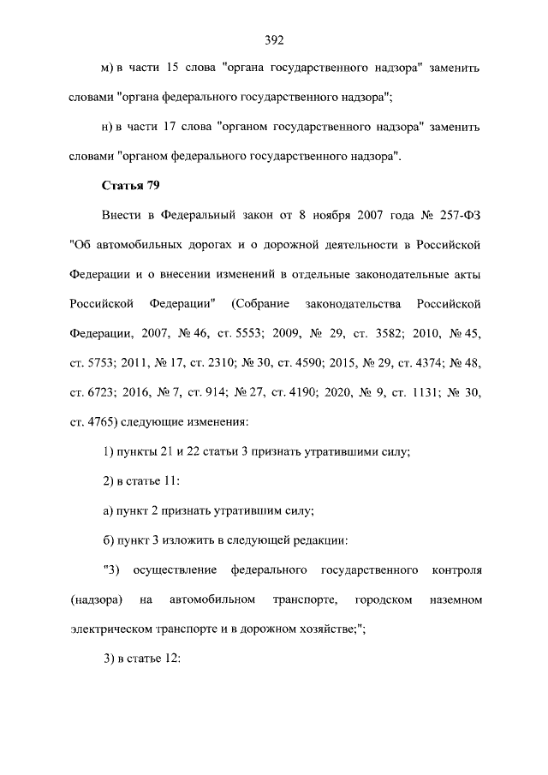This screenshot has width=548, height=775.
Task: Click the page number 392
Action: [x=273, y=39]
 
